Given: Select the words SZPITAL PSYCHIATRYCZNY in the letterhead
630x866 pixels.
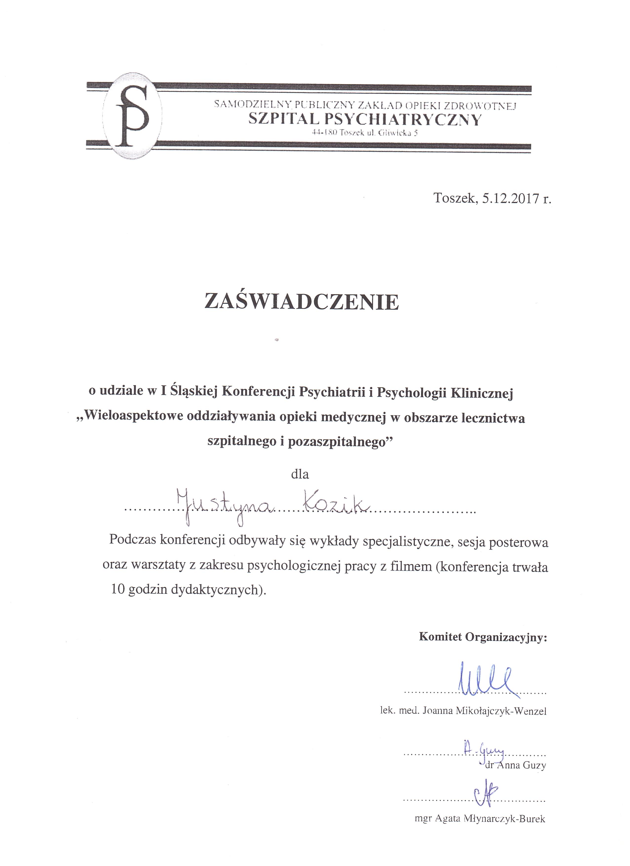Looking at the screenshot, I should click(x=365, y=119).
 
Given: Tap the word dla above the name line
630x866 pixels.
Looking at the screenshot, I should click(x=300, y=474).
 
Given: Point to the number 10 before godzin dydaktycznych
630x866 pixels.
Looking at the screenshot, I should click(x=118, y=590).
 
